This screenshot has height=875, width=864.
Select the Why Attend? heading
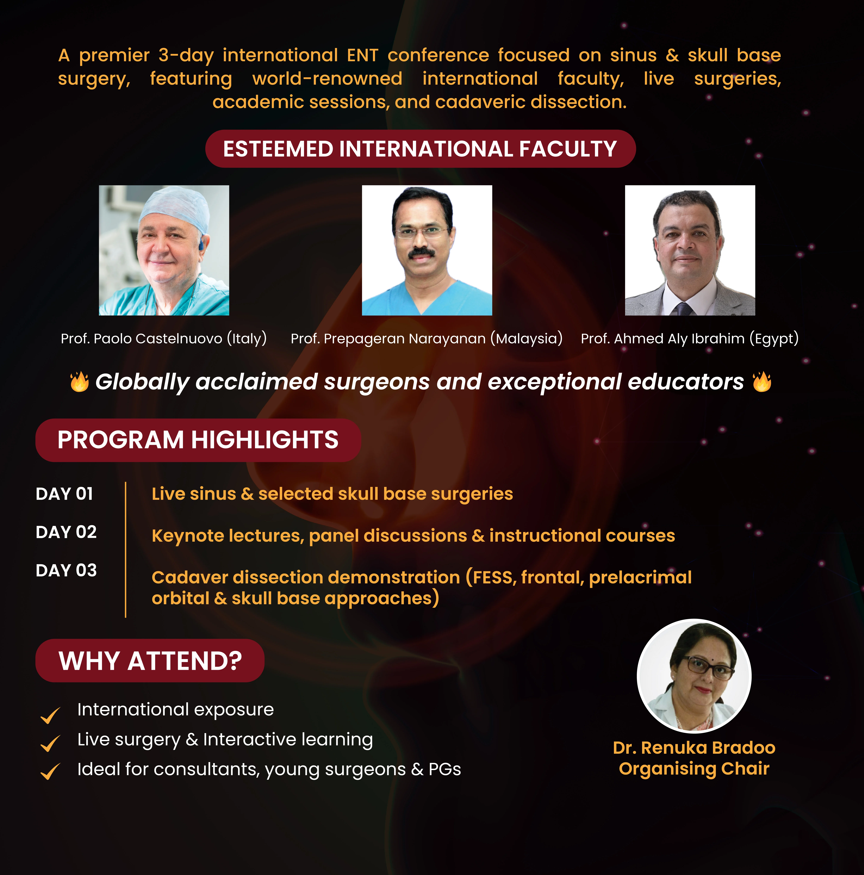150,660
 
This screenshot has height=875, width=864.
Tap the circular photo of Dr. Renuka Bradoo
694,676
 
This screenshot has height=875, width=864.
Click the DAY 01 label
64,494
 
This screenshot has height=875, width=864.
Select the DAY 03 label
66,570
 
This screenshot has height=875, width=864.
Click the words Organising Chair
694,769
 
